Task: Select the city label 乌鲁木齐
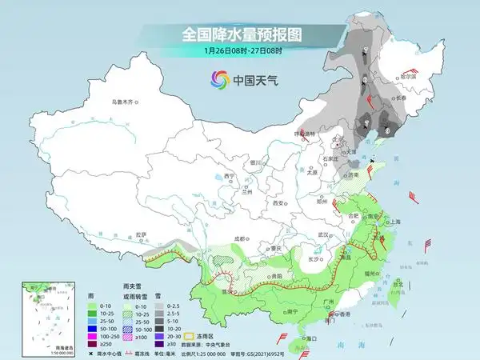[126, 102]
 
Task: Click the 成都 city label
[241, 238]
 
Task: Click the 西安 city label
[278, 204]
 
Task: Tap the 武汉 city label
[323, 234]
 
